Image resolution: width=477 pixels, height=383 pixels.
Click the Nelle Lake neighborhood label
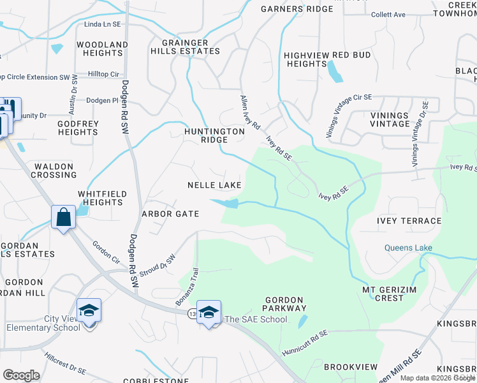click(214, 185)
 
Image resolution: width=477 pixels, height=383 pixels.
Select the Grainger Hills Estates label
click(186, 47)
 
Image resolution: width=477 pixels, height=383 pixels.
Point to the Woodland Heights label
click(102, 49)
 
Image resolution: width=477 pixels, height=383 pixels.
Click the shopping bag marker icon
click(64, 217)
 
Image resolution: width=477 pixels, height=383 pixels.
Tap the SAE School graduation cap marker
click(209, 312)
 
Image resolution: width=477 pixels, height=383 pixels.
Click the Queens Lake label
click(408, 248)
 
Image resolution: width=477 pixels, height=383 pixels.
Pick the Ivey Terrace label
click(409, 221)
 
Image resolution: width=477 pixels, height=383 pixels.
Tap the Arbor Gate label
click(170, 214)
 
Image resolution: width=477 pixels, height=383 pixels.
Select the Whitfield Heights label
click(102, 198)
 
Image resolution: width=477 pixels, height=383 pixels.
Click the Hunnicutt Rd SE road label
click(305, 343)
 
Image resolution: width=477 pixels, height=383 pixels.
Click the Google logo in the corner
click(22, 375)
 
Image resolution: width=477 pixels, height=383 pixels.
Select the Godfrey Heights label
click(78, 128)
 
